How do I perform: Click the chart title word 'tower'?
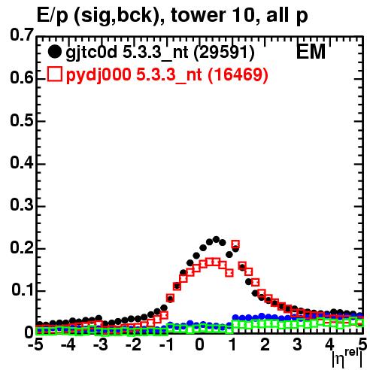coord(197,15)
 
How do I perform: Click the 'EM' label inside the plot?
coord(311,52)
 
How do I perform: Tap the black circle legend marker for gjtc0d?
coord(54,52)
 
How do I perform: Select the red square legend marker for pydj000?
coord(54,74)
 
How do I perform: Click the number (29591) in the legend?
coord(224,53)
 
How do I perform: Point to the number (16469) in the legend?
coord(238,74)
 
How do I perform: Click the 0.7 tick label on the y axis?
coord(22,35)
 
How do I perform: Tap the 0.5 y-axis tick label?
coord(22,120)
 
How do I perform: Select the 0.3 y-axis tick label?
coord(22,205)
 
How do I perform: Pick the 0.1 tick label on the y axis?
coord(22,290)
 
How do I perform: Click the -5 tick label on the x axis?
coord(35,344)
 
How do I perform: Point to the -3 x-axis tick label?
coord(100,344)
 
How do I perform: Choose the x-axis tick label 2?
coord(265,344)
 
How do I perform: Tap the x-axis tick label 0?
coord(199,344)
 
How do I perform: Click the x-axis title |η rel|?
coord(347,358)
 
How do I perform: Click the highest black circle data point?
coord(216,239)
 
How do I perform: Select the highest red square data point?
coord(235,244)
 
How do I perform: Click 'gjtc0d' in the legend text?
coord(91,53)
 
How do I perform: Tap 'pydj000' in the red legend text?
coord(99,75)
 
